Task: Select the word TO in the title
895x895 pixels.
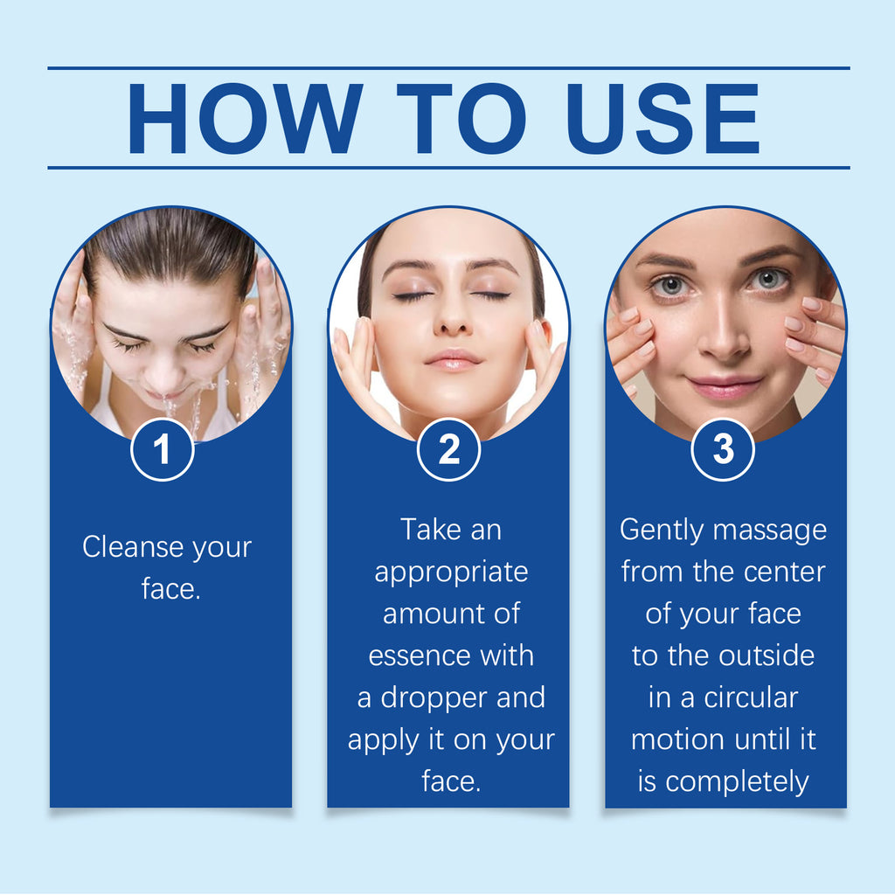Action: tap(461, 118)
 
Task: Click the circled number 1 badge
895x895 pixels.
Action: tap(163, 449)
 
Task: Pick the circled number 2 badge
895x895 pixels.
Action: tap(448, 449)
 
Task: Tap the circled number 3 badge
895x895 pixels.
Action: tap(723, 449)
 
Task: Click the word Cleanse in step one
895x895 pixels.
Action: tap(134, 546)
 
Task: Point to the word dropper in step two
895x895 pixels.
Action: tap(434, 697)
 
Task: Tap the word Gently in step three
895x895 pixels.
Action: tap(663, 531)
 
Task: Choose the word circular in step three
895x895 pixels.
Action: tap(751, 697)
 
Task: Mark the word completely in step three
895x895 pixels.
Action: tap(738, 782)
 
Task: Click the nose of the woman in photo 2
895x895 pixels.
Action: tap(452, 320)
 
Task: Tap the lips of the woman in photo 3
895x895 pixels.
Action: tap(724, 386)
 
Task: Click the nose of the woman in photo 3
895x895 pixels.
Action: tap(724, 331)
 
